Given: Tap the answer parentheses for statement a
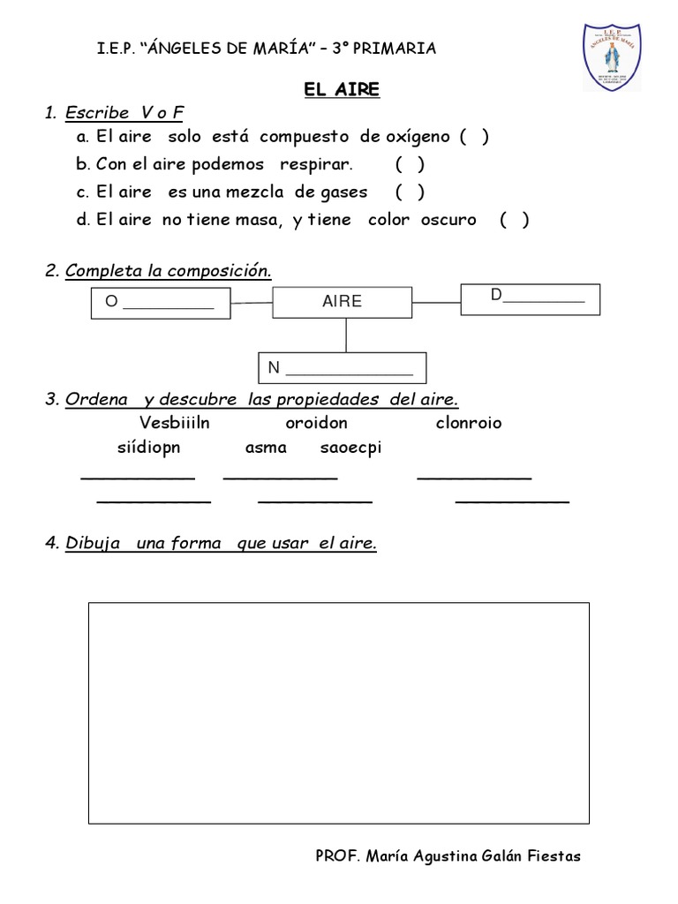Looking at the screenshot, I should tap(474, 136).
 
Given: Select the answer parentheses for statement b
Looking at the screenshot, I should tap(410, 164).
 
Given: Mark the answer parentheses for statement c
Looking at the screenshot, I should tap(410, 192).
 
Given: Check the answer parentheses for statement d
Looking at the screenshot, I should tap(514, 220).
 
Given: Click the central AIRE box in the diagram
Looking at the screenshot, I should tap(343, 301).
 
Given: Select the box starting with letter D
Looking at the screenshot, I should tap(530, 298).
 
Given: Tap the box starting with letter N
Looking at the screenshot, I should tap(343, 367).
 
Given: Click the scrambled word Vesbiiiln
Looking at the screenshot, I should tap(175, 422).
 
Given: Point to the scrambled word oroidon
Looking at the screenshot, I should tap(316, 422).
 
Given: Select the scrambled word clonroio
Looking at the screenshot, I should tap(468, 422).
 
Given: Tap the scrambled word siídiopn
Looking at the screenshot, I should tap(148, 448).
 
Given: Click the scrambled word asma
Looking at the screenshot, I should tap(266, 448).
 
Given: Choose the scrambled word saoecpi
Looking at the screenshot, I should tap(351, 448).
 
